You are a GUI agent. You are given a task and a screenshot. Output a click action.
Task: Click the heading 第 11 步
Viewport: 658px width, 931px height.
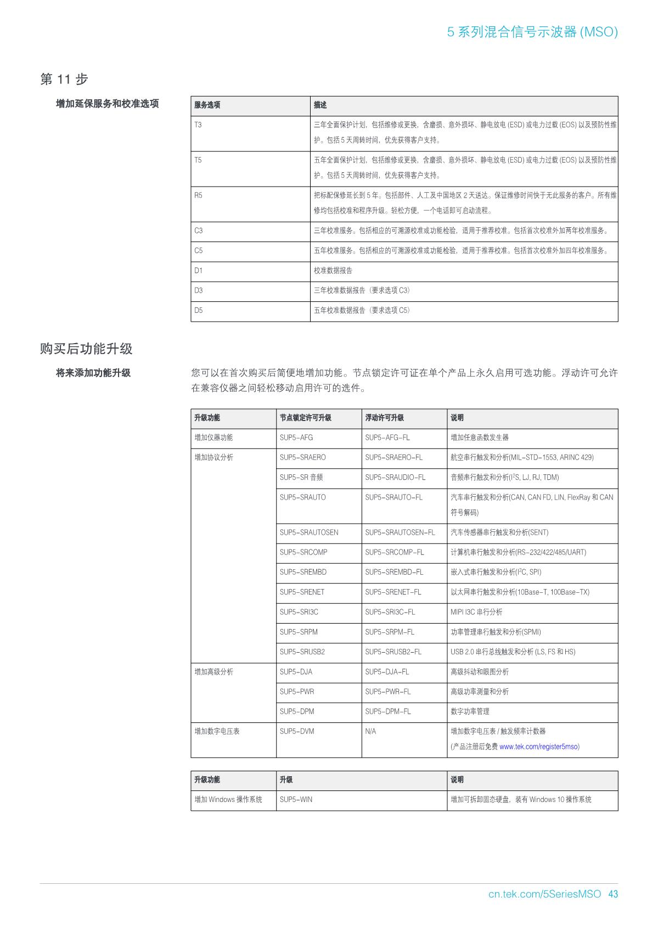(x=64, y=80)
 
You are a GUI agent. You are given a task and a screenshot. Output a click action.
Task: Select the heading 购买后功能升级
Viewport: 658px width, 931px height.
(x=86, y=349)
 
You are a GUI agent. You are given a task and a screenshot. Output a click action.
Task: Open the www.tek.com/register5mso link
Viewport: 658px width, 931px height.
(x=538, y=747)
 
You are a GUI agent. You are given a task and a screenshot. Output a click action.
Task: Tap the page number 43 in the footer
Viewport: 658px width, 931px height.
(x=613, y=894)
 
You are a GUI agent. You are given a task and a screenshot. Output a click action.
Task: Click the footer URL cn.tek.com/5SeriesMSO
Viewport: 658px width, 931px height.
(x=544, y=894)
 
